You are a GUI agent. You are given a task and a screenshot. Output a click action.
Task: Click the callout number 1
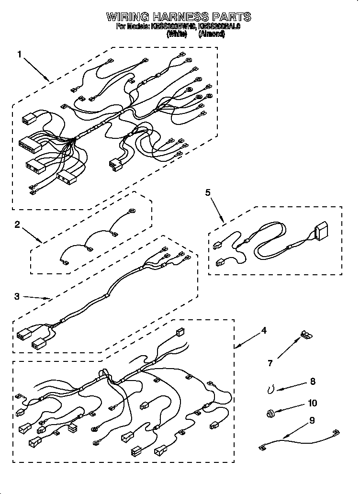coord(20,55)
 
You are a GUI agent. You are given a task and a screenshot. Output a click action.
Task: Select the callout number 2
coord(17,225)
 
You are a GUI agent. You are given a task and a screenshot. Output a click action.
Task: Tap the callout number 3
coord(17,296)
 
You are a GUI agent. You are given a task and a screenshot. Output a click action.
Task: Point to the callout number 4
coord(264,330)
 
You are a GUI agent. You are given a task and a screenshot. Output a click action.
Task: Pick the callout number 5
coord(207,192)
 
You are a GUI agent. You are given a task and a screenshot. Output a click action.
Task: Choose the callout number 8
coord(313,382)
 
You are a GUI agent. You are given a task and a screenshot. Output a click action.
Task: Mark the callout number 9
coord(312,421)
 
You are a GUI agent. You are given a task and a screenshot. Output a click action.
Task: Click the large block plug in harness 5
coord(321,231)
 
